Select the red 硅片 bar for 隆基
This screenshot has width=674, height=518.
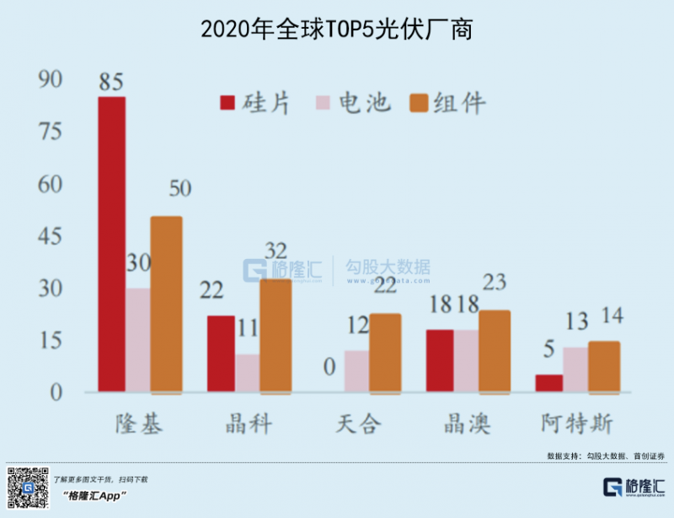112,244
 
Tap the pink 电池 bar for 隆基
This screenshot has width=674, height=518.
137,340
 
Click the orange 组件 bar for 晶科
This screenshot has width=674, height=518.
275,335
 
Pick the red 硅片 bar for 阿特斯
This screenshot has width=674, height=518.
549,383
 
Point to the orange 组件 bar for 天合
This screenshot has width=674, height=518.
385,353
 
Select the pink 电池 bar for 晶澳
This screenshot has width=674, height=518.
466,360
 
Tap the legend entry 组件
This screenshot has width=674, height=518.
447,103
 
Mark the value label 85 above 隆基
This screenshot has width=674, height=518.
110,82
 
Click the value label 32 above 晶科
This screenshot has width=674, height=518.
275,251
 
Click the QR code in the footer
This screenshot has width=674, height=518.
24,487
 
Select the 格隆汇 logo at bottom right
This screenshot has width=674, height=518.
634,487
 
